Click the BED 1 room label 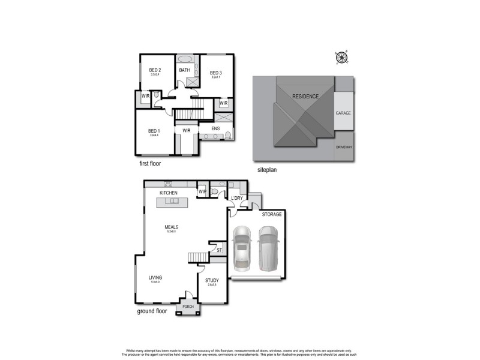click(x=154, y=131)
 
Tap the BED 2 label click(x=155, y=70)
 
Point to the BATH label click(x=185, y=70)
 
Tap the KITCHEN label click(x=169, y=193)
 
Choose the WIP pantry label click(x=202, y=192)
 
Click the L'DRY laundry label click(x=236, y=198)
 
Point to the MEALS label click(x=172, y=227)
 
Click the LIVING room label click(x=155, y=278)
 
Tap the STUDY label click(x=212, y=280)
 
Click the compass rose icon click(x=342, y=58)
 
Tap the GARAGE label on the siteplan click(x=343, y=112)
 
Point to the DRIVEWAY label click(x=344, y=146)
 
